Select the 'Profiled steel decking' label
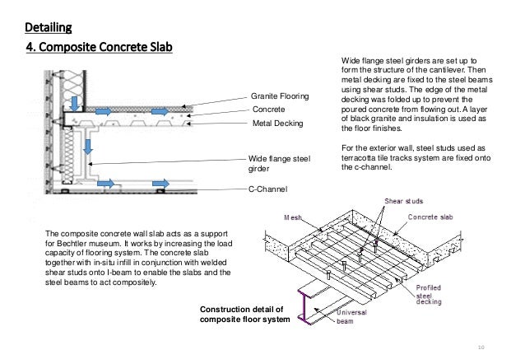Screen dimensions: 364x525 [x=440, y=293]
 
